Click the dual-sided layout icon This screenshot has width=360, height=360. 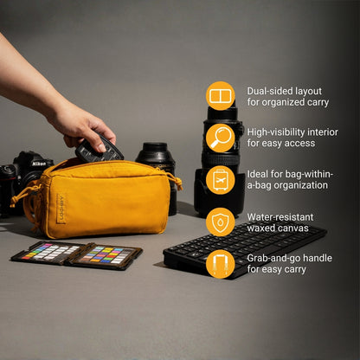pos(220,95)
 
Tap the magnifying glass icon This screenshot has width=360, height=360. pos(220,137)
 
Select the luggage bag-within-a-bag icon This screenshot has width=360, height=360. pos(220,179)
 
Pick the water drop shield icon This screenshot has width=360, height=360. pos(220,222)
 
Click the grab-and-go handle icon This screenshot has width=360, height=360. pos(220,263)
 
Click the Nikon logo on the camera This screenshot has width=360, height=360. pos(38,163)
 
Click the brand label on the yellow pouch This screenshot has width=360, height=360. pos(61,208)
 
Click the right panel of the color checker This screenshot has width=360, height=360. pos(108,257)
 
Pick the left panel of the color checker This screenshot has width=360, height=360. pos(48,253)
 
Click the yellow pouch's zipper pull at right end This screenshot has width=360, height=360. pos(177,181)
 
